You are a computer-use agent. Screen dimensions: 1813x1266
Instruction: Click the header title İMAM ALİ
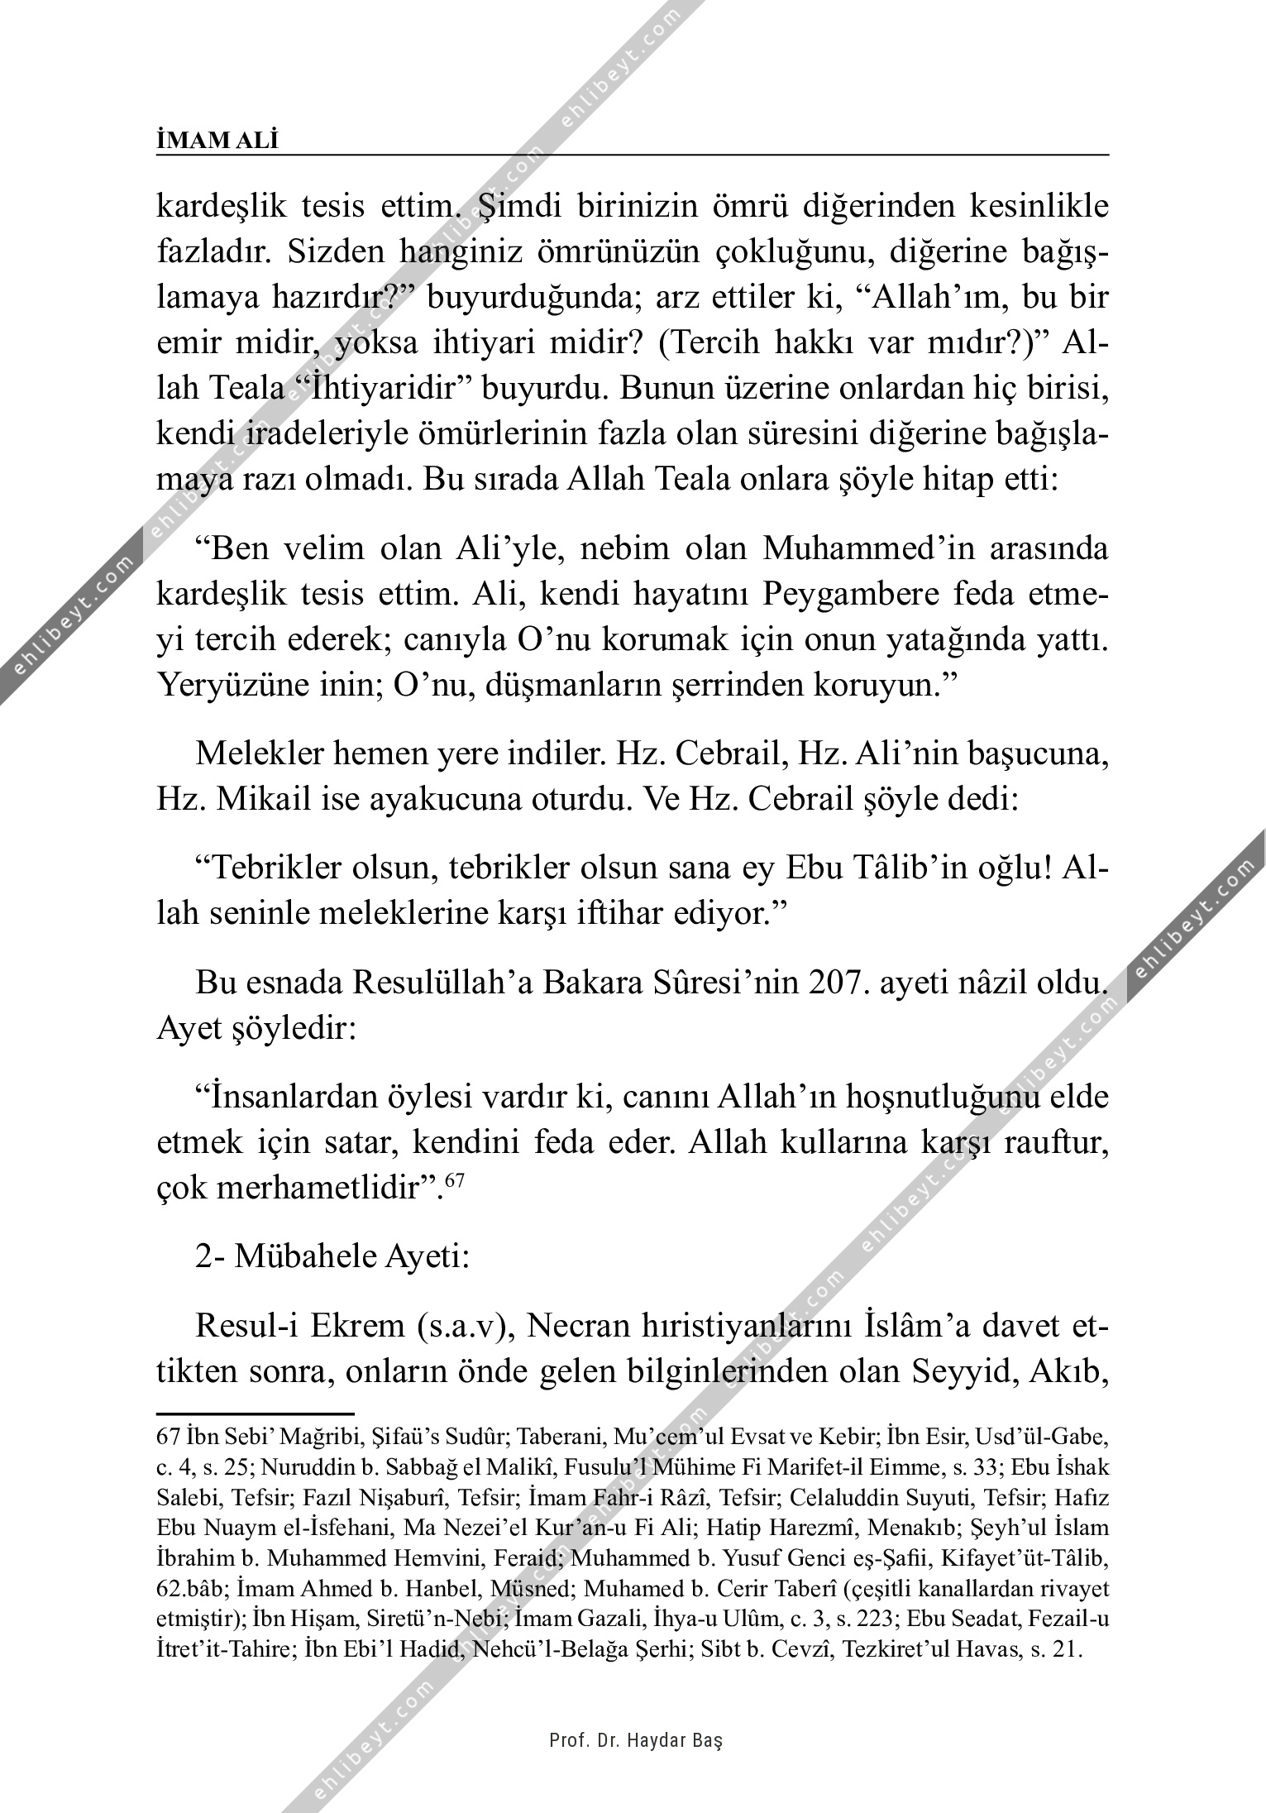click(x=217, y=141)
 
